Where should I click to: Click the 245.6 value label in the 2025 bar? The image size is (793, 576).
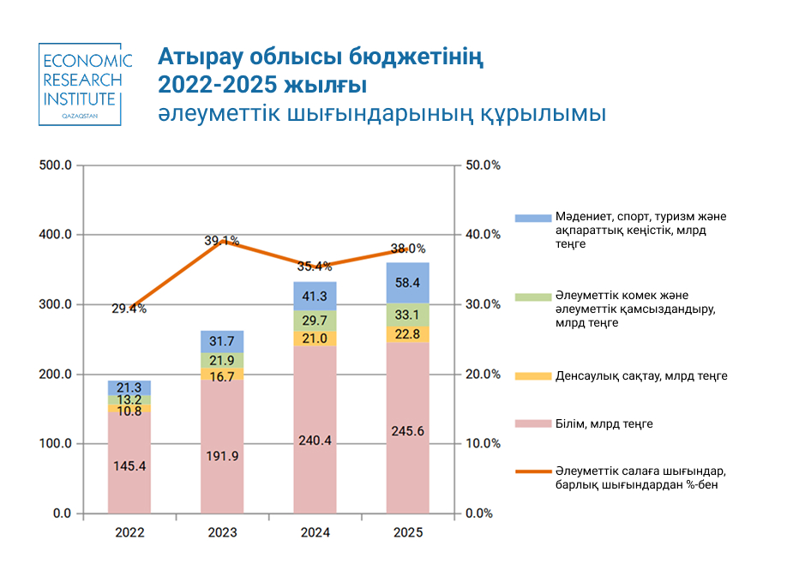(407, 431)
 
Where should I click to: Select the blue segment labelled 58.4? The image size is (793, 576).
(407, 282)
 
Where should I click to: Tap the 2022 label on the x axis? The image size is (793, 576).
(129, 532)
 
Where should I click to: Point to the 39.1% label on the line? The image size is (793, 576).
(221, 241)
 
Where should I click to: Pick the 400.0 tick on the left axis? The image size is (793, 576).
(56, 235)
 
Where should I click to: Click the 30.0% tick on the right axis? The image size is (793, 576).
(481, 304)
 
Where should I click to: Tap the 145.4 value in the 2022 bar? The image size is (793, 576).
(129, 466)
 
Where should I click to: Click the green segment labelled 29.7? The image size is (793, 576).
(315, 321)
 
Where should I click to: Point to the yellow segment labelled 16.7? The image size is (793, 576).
(222, 375)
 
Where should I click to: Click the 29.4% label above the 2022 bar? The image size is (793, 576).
(129, 309)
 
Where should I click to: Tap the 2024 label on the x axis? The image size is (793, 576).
(315, 532)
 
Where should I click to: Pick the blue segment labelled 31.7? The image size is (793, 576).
(222, 341)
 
